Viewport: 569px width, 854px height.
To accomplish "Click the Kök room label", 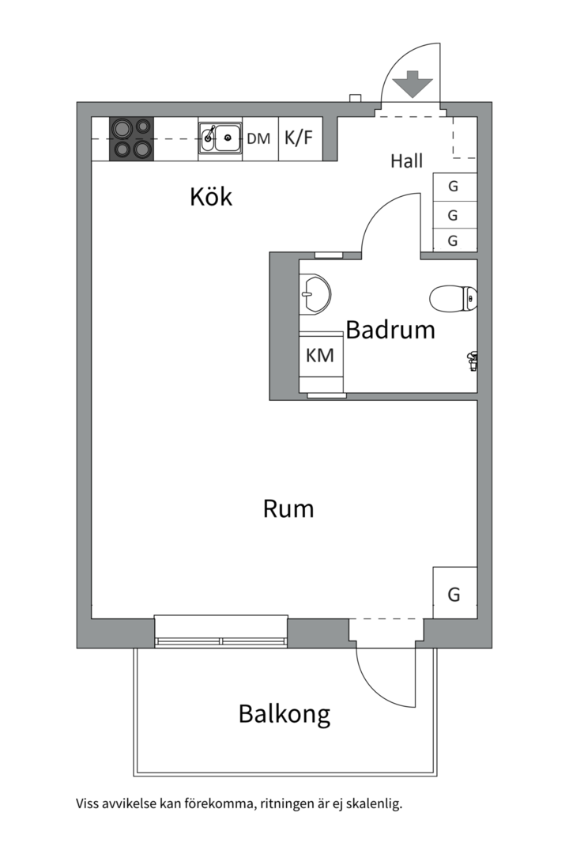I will pyautogui.click(x=211, y=196).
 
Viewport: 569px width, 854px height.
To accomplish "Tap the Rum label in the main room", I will pyautogui.click(x=288, y=508).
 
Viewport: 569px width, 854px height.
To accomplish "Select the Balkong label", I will pyautogui.click(x=284, y=714).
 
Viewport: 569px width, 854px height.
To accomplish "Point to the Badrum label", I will pyautogui.click(x=390, y=329).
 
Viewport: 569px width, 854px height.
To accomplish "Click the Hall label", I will pyautogui.click(x=406, y=161).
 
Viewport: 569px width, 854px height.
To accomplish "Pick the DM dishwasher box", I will pyautogui.click(x=258, y=139).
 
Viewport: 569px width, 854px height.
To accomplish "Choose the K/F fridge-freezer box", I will pyautogui.click(x=299, y=138).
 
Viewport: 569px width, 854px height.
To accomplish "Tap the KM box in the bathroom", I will pyautogui.click(x=320, y=355).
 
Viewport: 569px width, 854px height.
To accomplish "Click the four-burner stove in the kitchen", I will pyautogui.click(x=131, y=138).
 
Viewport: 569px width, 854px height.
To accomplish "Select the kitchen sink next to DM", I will pyautogui.click(x=220, y=138).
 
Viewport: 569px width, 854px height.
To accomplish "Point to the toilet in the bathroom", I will pyautogui.click(x=453, y=299).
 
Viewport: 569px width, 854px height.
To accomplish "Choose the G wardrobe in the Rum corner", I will pyautogui.click(x=454, y=594).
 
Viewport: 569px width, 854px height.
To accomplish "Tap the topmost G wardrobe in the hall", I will pyautogui.click(x=454, y=187).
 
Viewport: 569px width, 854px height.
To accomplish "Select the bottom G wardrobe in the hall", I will pyautogui.click(x=454, y=241).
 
